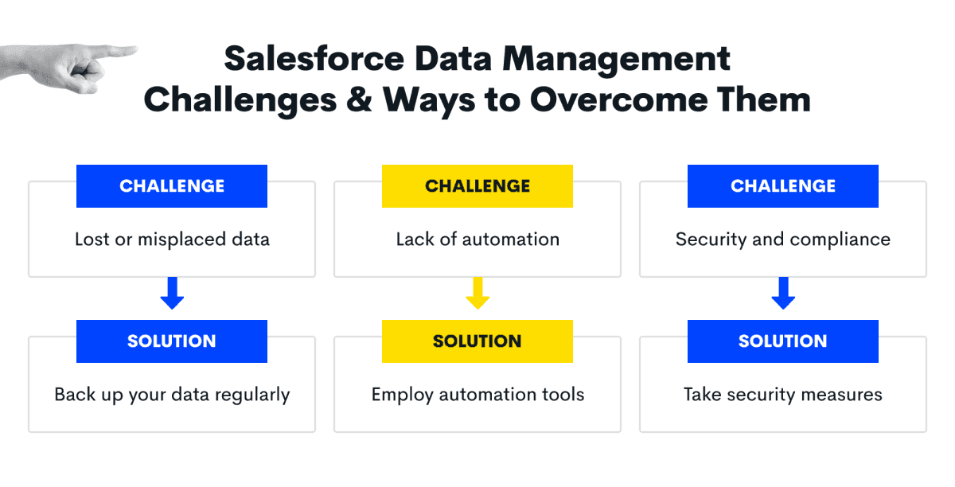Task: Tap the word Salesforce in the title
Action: (314, 59)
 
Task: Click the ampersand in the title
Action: (359, 99)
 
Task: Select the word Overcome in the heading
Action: (618, 99)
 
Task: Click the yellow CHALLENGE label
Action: (477, 186)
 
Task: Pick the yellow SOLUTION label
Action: (477, 341)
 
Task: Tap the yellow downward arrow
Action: (477, 293)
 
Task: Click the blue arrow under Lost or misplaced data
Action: (172, 293)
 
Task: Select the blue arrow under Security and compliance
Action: (783, 293)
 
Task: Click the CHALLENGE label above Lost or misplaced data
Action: (172, 186)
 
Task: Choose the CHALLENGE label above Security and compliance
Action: (783, 186)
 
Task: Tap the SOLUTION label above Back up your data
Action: (172, 341)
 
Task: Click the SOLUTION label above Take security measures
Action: (783, 341)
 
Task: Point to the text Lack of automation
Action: (477, 240)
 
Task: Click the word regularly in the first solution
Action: (252, 395)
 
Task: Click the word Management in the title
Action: (616, 60)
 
